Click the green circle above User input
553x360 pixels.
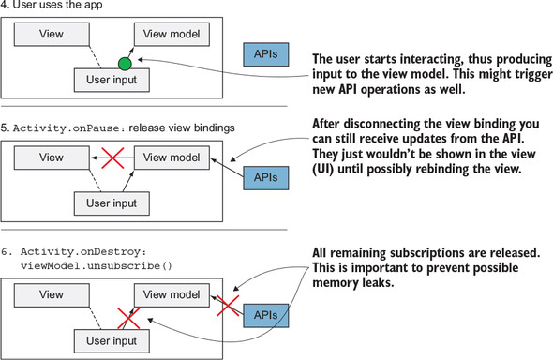[125, 64]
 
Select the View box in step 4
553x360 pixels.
[52, 34]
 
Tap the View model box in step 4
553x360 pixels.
[172, 34]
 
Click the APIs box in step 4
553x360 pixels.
[266, 54]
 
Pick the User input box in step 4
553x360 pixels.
[112, 80]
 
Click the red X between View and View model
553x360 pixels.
[112, 157]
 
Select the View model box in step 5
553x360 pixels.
[172, 157]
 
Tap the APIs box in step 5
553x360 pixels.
[266, 178]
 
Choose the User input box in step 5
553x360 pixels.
[112, 203]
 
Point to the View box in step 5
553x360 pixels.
[52, 157]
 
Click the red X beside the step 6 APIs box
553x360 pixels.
[228, 306]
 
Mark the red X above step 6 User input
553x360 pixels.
[128, 319]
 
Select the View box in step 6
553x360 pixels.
[52, 294]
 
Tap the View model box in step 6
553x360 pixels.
[172, 294]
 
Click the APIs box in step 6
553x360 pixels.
[266, 315]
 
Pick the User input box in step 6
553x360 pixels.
[112, 341]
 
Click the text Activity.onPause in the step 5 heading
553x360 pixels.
[66, 128]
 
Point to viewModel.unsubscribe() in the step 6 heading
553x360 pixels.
[97, 266]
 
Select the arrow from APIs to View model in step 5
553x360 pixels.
[227, 168]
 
